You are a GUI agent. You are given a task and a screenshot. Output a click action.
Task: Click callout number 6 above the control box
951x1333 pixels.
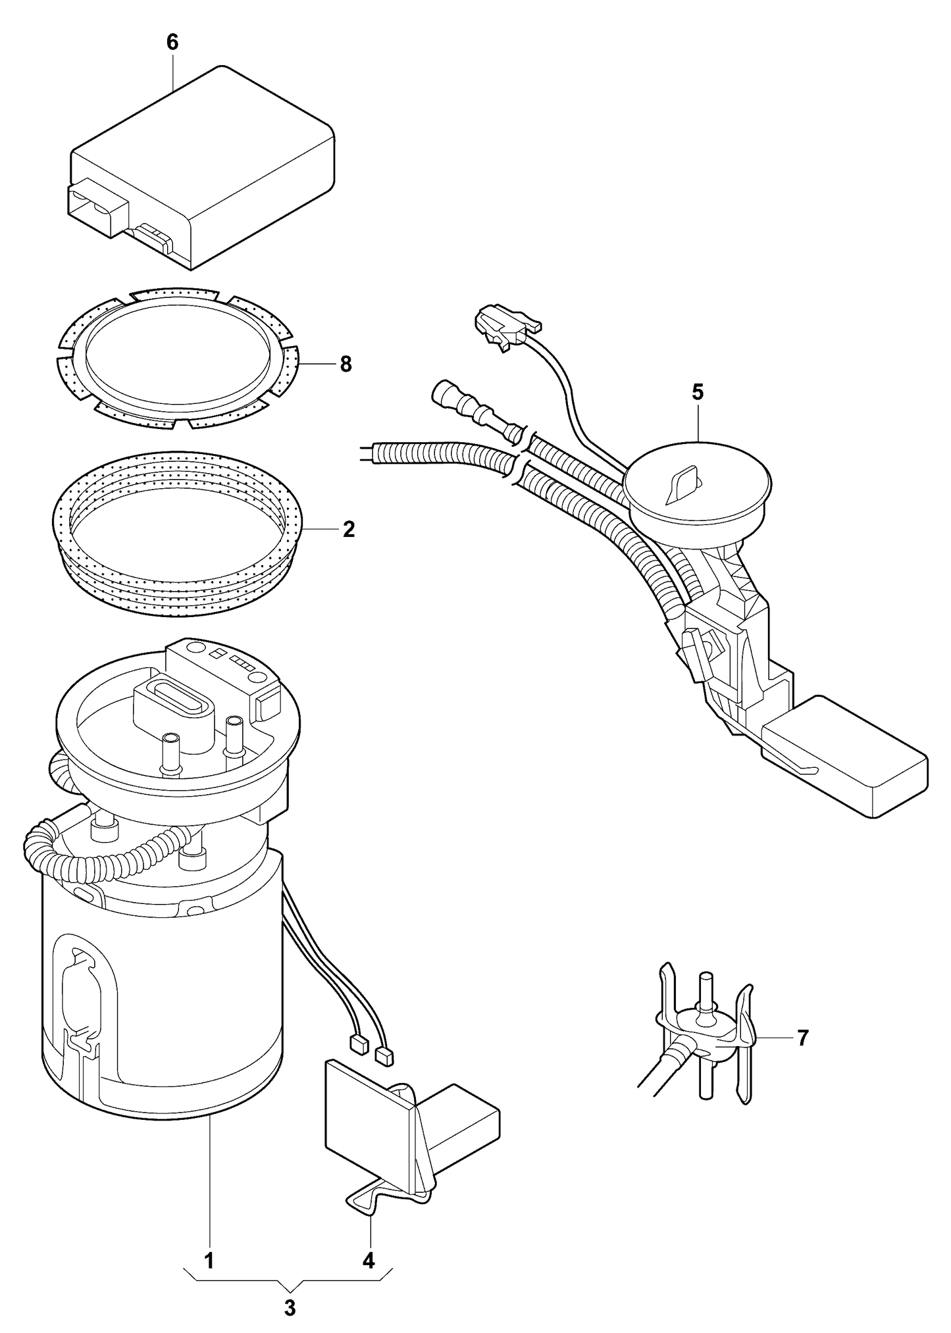(172, 42)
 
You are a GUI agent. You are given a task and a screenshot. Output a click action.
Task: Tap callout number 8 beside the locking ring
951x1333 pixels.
(346, 364)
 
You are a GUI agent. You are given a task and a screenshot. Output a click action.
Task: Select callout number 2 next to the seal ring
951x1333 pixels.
(348, 529)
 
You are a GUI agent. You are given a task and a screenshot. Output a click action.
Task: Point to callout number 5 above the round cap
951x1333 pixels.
(698, 392)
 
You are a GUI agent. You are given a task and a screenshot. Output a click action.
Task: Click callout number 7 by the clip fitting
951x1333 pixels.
(802, 1038)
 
